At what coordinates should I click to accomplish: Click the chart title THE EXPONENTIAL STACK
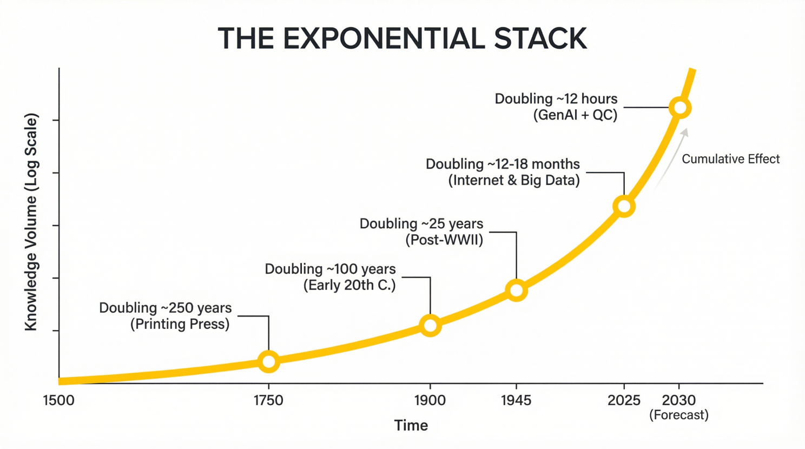click(402, 38)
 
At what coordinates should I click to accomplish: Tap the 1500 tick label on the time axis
click(58, 400)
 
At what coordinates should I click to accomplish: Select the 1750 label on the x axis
click(268, 400)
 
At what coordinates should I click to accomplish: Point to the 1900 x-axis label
click(430, 400)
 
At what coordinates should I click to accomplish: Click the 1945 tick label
click(516, 400)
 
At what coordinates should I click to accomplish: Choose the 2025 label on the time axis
click(624, 400)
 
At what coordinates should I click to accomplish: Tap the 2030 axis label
click(679, 400)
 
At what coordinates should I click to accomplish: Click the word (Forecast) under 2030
click(679, 415)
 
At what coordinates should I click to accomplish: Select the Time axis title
click(411, 426)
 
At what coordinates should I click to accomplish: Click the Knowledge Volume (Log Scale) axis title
click(31, 222)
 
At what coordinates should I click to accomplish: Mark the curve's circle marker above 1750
click(269, 361)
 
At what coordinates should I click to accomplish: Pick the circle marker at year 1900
click(430, 325)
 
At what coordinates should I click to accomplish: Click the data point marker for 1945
click(517, 290)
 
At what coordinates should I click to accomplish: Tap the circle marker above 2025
click(624, 207)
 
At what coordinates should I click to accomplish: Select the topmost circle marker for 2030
click(680, 108)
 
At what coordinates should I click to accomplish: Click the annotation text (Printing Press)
click(180, 324)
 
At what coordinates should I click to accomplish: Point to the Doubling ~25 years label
click(421, 224)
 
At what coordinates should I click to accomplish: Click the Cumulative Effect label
click(730, 159)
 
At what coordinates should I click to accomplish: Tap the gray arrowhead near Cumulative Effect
click(685, 133)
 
